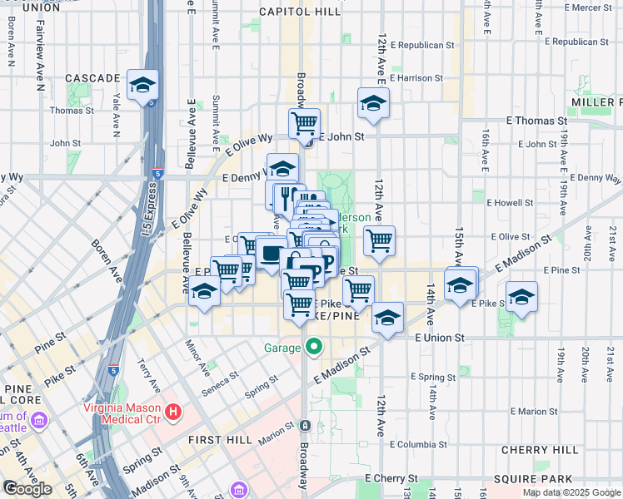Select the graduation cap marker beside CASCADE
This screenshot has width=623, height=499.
click(x=142, y=86)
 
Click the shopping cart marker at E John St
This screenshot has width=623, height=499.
click(x=305, y=123)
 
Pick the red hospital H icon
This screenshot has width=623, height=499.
click(x=172, y=411)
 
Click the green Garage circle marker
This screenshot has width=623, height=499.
click(x=313, y=347)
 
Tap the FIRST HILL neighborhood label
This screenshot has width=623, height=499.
click(x=215, y=439)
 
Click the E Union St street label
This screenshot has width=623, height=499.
click(x=439, y=338)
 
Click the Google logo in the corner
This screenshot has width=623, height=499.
click(x=27, y=489)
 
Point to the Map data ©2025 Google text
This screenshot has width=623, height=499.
click(x=571, y=492)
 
